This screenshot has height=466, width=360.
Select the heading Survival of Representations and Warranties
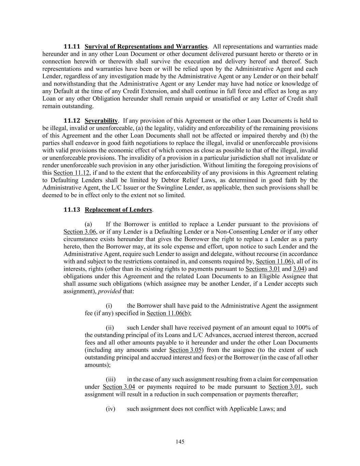pyautogui.click(x=146, y=46)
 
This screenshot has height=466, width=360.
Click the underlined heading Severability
pyautogui.click(x=101, y=121)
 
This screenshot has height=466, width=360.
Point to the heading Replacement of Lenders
pyautogui.click(x=118, y=210)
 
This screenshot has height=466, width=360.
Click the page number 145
pyautogui.click(x=180, y=442)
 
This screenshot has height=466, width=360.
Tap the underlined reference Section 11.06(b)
pyautogui.click(x=169, y=313)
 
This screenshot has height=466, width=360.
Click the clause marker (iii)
pyautogui.click(x=111, y=379)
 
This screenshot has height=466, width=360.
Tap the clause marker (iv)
pyautogui.click(x=111, y=409)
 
